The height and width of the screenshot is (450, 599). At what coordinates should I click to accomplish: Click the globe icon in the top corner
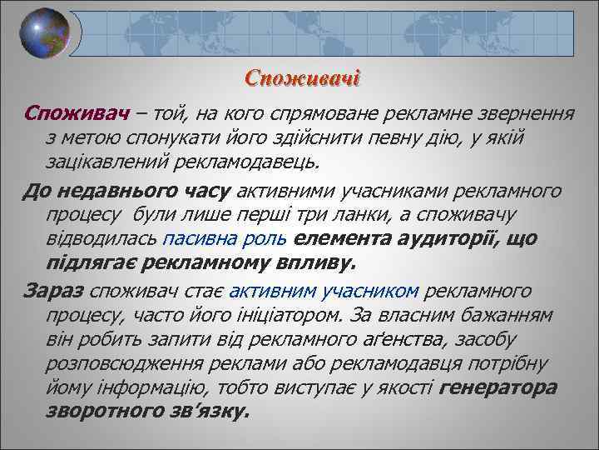tap(45, 35)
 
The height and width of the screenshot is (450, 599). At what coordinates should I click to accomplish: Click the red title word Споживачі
tap(302, 79)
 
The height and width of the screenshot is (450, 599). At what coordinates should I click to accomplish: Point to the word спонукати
tap(176, 136)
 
